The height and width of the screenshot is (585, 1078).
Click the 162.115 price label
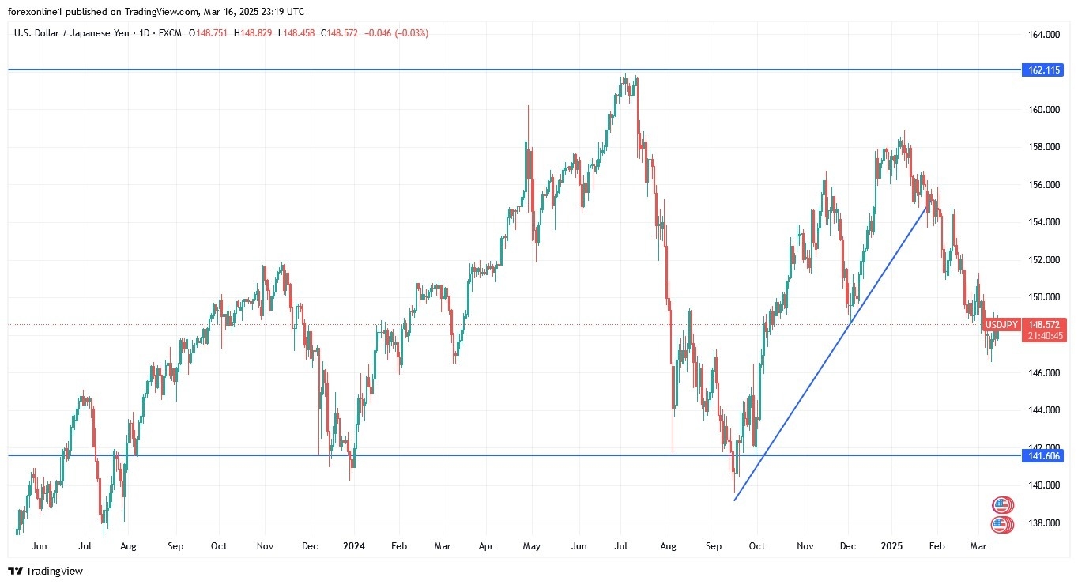tap(1044, 70)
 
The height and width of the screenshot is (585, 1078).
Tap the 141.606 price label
tap(1044, 456)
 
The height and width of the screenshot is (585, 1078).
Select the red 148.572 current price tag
tap(1044, 325)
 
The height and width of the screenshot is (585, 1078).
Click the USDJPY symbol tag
tap(1001, 325)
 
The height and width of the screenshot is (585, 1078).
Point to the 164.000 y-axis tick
tap(1043, 35)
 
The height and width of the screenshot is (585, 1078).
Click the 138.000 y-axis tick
tap(1043, 523)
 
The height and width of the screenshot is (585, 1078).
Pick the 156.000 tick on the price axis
tap(1043, 185)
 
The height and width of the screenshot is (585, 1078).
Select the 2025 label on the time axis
tap(892, 546)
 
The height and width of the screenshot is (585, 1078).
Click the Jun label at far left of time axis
tap(40, 546)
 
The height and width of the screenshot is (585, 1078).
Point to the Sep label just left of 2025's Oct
tap(714, 546)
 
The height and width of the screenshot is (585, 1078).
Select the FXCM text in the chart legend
tap(171, 33)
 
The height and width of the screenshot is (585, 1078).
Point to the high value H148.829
tap(256, 33)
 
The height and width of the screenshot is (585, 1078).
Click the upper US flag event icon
tap(1002, 505)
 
